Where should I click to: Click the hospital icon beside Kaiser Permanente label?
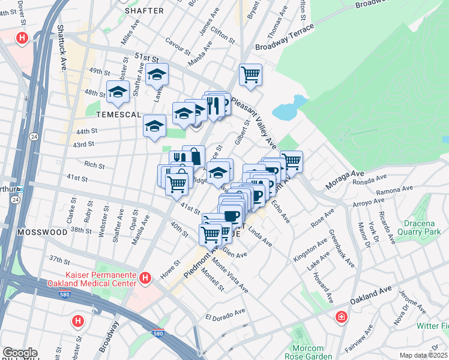[145, 278]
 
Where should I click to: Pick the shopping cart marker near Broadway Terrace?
[250, 75]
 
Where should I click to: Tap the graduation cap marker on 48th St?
[118, 92]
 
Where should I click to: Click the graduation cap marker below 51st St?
[157, 75]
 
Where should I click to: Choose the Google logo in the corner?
[20, 353]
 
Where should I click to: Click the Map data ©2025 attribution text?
[424, 355]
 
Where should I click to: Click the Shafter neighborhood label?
[144, 10]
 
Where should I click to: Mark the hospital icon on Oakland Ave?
[340, 316]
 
